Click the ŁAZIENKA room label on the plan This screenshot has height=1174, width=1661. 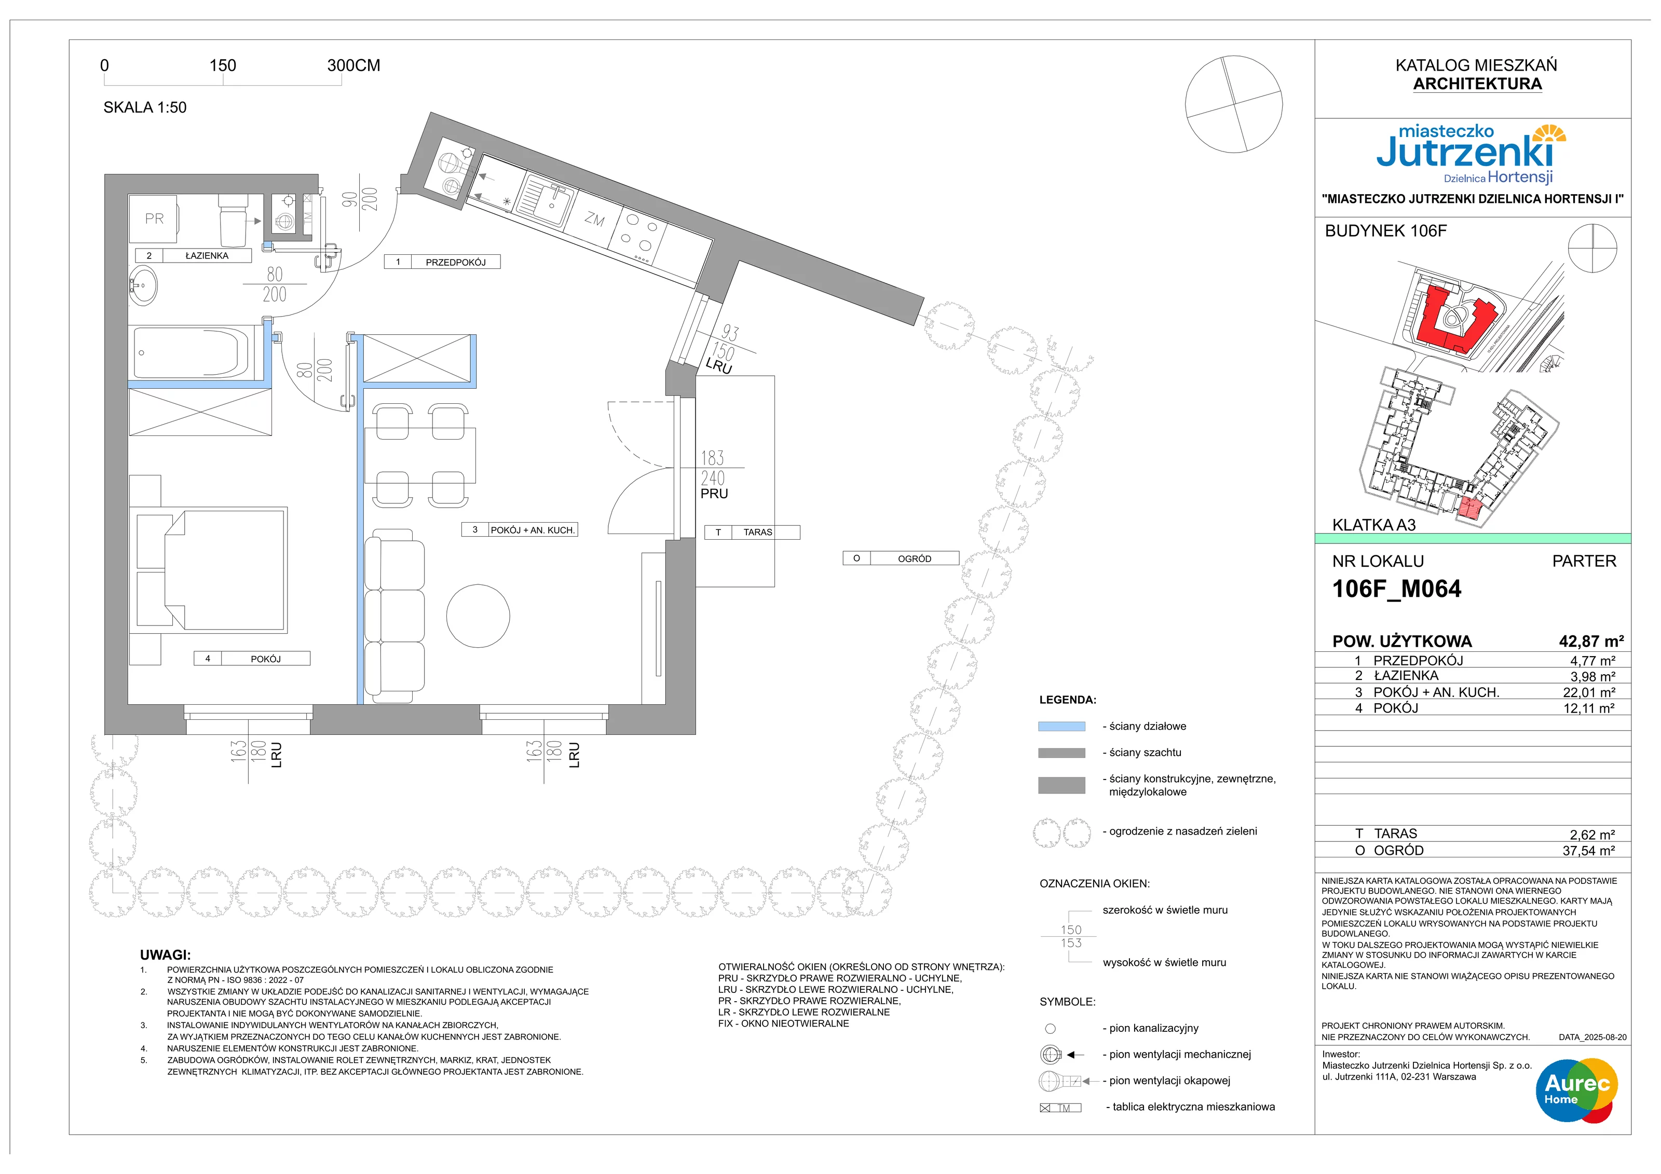(207, 255)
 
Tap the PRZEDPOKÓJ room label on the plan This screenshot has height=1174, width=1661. (456, 263)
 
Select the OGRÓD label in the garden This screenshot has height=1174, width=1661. (915, 558)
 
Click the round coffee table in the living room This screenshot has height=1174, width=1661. (478, 616)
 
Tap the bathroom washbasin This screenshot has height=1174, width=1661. (143, 286)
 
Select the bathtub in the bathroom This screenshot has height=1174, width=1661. (191, 352)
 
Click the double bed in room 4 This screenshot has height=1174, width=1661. (211, 570)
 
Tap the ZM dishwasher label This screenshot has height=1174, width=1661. (595, 219)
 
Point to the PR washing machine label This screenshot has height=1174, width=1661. (154, 219)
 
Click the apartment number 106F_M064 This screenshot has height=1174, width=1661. (1396, 589)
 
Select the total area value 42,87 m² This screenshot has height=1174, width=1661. (1591, 641)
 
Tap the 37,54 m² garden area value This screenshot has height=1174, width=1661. (1589, 851)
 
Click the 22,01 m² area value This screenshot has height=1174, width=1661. (1589, 692)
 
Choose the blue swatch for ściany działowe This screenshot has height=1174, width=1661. (1061, 726)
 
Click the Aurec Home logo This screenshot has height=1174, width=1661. (1577, 1090)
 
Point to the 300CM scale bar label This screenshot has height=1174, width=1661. (354, 65)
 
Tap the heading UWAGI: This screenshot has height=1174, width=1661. (166, 955)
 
